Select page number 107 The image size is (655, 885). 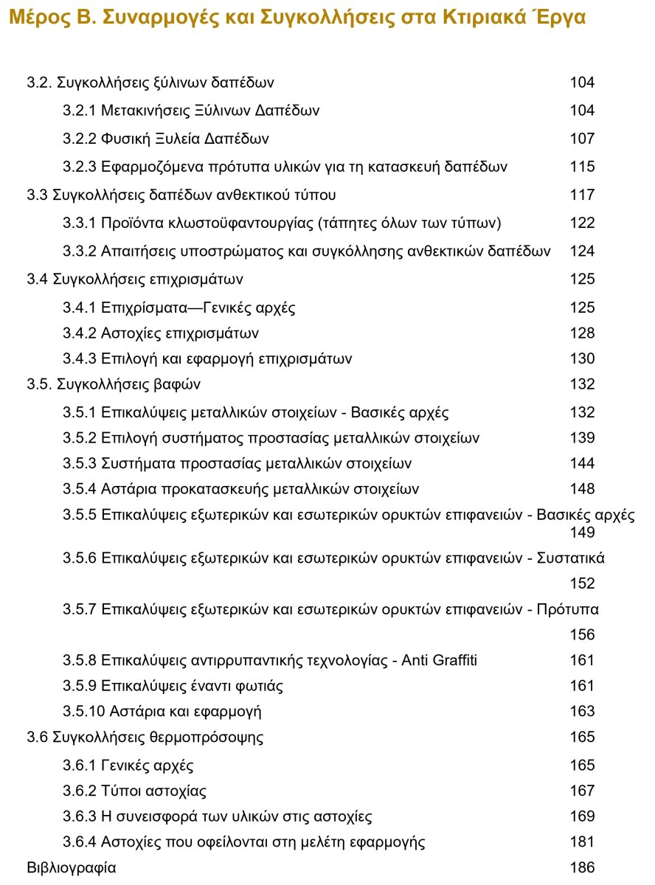pos(582,139)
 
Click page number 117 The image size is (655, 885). pos(582,195)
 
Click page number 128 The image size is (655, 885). pos(582,333)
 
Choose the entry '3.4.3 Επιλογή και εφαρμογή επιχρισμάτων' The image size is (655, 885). pos(207,359)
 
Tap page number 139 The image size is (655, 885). pos(582,438)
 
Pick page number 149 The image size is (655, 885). pos(582,532)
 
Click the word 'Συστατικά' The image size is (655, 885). pos(570,558)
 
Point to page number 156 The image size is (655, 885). pos(582,634)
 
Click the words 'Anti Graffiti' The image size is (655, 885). pos(439,660)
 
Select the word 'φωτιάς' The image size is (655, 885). pos(258,686)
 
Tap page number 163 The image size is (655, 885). pos(582,712)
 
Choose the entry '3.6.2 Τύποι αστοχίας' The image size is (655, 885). pos(134,791)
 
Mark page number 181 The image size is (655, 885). pos(582,841)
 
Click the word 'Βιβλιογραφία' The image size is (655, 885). pos(71,867)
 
